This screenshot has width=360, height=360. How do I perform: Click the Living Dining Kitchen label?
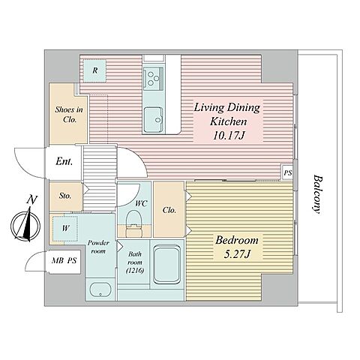227,121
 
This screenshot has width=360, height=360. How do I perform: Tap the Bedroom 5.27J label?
237,247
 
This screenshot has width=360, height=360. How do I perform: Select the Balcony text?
317,194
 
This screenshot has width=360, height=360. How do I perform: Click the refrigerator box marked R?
94,70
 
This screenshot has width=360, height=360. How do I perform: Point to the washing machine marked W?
65,229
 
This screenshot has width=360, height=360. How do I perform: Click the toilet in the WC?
133,223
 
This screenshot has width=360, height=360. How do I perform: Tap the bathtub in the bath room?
167,264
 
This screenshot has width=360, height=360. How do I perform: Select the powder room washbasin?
100,290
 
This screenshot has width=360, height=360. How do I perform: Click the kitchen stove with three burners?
153,79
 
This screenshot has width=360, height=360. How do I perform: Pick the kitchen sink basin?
154,119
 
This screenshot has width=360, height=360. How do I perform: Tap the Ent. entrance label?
64,161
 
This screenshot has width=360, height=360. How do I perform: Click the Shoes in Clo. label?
69,115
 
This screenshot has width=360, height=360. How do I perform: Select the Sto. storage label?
65,196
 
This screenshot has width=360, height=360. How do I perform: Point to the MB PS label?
64,261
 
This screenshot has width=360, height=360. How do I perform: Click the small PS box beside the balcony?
287,172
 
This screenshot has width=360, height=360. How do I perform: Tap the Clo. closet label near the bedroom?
169,210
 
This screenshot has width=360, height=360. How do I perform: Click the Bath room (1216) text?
135,262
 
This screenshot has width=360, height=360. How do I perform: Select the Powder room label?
98,247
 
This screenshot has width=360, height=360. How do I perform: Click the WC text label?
141,204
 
